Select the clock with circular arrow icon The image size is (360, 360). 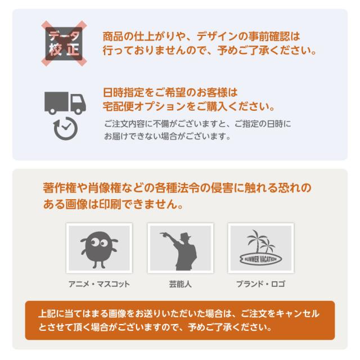(65, 128)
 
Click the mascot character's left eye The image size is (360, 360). (91, 242)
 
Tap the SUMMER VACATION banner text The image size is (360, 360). (260, 259)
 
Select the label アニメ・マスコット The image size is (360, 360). (98, 283)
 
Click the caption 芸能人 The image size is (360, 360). (180, 283)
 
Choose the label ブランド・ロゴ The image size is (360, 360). (260, 283)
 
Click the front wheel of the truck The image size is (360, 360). (79, 111)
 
